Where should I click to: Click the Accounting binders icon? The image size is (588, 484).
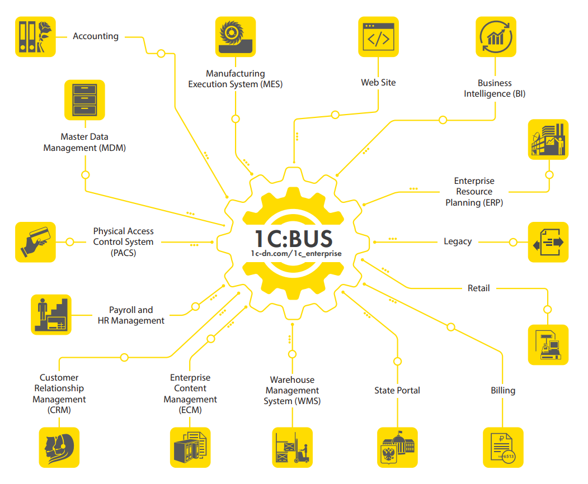coord(35,36)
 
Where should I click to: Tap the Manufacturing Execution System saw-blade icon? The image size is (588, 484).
coord(236,37)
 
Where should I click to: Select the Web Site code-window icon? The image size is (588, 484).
coord(378,37)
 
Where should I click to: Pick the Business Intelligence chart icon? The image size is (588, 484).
coord(496,37)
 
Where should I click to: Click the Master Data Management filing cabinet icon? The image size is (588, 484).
coord(85,99)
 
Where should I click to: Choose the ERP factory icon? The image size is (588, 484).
coord(548,140)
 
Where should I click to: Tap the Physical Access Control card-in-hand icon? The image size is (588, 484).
coord(35,242)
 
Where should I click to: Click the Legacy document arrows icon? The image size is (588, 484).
coord(548,242)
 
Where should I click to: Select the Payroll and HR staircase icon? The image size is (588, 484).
coord(51,315)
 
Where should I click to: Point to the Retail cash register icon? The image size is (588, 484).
coord(548,345)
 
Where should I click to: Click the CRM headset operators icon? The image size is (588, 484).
coord(59,447)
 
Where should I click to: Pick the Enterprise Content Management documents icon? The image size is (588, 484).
coord(190,447)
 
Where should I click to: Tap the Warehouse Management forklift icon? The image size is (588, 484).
coord(292,447)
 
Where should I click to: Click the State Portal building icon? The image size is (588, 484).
coord(397,447)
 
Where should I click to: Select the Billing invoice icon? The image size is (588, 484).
coord(503,447)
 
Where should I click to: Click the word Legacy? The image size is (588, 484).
coord(458,241)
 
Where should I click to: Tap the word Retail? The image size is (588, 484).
coord(479,288)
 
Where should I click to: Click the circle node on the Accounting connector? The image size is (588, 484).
coord(161,54)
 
